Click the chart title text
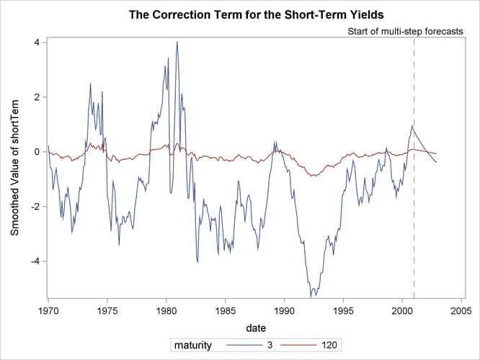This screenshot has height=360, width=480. [256, 14]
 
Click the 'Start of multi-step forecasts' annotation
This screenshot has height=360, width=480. [405, 32]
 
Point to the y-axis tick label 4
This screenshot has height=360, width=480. [35, 42]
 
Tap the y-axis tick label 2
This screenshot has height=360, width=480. [35, 96]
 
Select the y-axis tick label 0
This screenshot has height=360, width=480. [35, 152]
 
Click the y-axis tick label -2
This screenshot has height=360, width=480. [33, 207]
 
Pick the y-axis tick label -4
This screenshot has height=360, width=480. [33, 261]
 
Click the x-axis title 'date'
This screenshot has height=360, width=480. [255, 328]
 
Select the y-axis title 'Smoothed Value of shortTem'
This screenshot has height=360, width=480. [14, 166]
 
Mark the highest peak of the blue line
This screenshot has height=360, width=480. [177, 42]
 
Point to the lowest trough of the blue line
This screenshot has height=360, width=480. [311, 296]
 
